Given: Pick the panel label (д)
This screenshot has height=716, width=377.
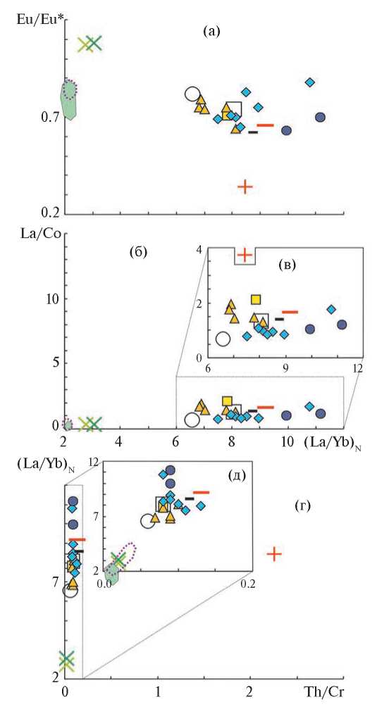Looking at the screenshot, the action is click(x=237, y=475).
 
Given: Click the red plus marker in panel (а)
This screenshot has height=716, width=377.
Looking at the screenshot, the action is click(x=245, y=187).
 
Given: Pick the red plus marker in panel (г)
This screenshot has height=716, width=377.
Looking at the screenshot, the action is click(x=273, y=554).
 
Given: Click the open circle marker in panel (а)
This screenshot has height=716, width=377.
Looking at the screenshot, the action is click(x=192, y=94).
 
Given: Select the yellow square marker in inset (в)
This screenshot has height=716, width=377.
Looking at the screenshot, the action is click(x=256, y=299).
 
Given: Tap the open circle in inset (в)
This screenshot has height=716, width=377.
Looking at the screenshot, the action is click(x=223, y=339).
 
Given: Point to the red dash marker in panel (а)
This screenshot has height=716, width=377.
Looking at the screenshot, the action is click(x=266, y=125).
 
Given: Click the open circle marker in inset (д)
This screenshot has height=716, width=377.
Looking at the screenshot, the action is click(x=148, y=521).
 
